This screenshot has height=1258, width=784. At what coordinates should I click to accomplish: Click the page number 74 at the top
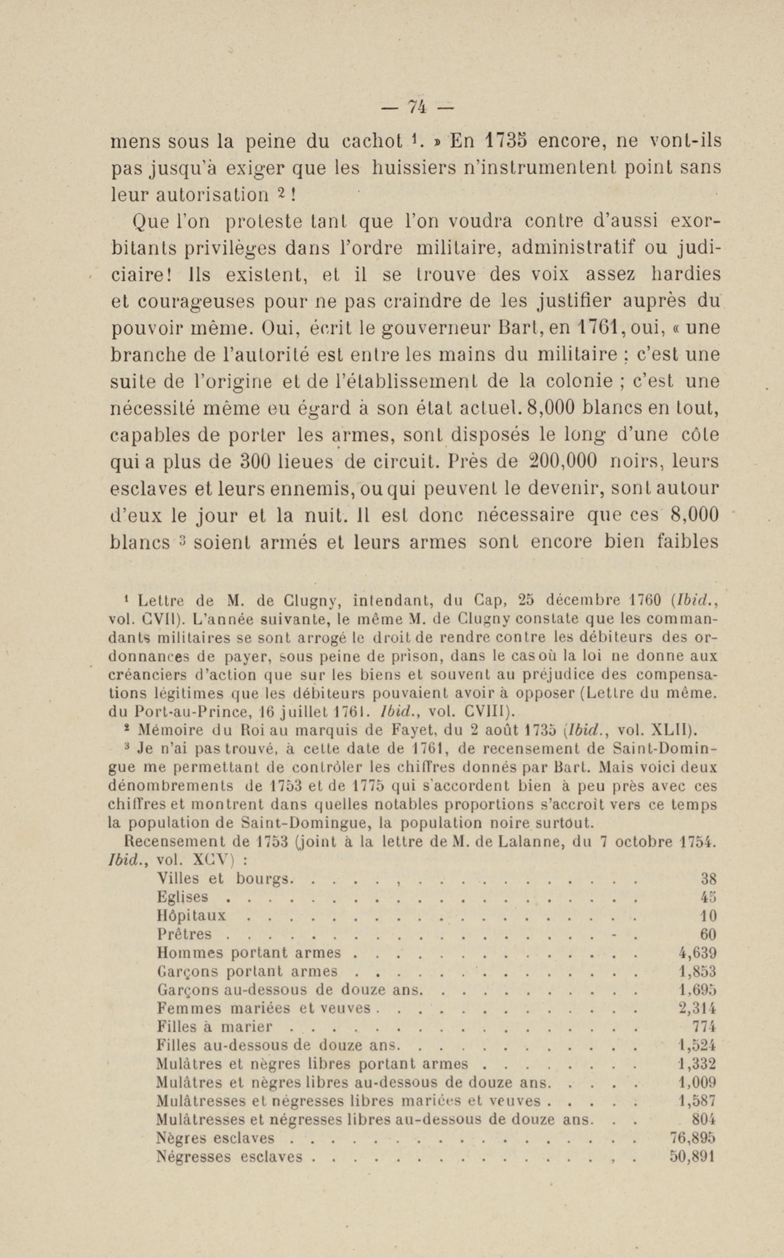418,106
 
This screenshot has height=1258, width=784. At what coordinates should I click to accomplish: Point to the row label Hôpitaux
191,915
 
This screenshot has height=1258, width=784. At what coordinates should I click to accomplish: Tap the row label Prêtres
184,934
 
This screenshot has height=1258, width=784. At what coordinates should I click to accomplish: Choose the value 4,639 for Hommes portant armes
698,953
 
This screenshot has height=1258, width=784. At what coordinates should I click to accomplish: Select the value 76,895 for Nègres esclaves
690,1138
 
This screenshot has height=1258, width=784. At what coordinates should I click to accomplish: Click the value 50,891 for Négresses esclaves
690,1157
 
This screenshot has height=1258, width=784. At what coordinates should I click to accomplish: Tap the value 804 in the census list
704,1120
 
